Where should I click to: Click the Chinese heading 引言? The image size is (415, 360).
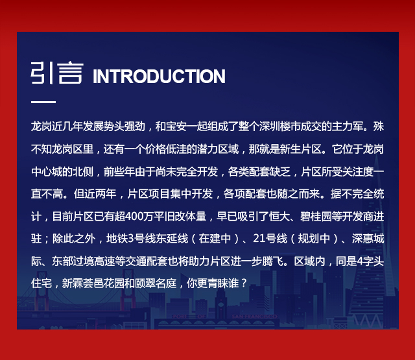click(x=57, y=73)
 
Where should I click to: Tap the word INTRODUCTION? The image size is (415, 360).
click(x=159, y=77)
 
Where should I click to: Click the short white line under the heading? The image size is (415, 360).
click(x=43, y=102)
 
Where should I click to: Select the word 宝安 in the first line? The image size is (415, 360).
click(x=176, y=126)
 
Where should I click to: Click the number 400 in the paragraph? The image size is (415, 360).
click(x=134, y=217)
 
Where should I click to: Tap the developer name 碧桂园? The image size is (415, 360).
click(x=316, y=217)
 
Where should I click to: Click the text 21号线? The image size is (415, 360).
click(x=270, y=239)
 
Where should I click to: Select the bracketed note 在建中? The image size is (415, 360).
click(x=215, y=239)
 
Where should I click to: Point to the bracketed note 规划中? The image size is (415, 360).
click(x=314, y=239)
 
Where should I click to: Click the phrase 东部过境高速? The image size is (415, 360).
click(x=83, y=261)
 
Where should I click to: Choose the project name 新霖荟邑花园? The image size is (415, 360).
click(x=93, y=283)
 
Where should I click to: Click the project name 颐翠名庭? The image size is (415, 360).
click(x=156, y=283)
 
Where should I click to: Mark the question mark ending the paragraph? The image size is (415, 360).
click(x=244, y=283)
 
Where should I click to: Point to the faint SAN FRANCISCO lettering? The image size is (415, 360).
click(x=254, y=317)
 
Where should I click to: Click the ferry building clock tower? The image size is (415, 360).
click(x=220, y=304)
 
